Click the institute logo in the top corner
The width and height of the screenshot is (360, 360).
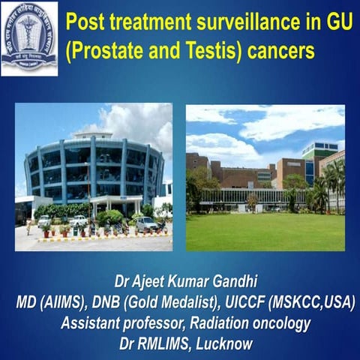29,37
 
